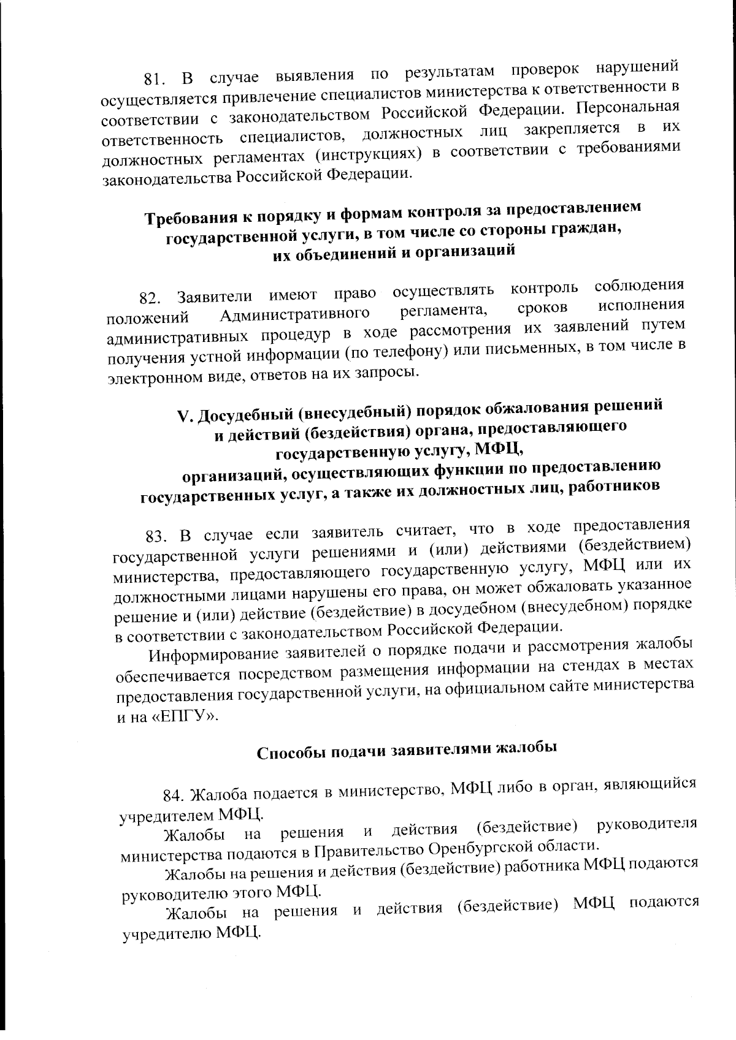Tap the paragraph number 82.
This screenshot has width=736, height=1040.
tap(149, 298)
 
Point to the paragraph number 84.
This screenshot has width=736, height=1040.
tap(173, 796)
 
